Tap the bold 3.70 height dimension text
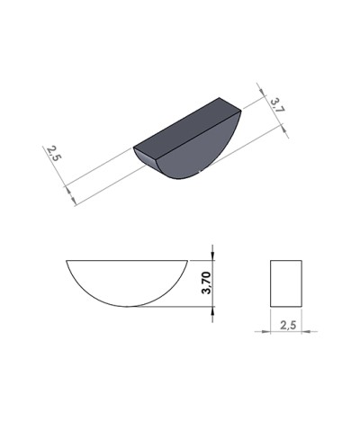[206, 283]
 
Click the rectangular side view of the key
[286, 283]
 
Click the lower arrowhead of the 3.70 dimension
[213, 303]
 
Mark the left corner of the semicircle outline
[67, 261]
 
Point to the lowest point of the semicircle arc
[128, 306]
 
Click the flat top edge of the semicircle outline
[128, 261]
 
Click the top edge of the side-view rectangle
[286, 261]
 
